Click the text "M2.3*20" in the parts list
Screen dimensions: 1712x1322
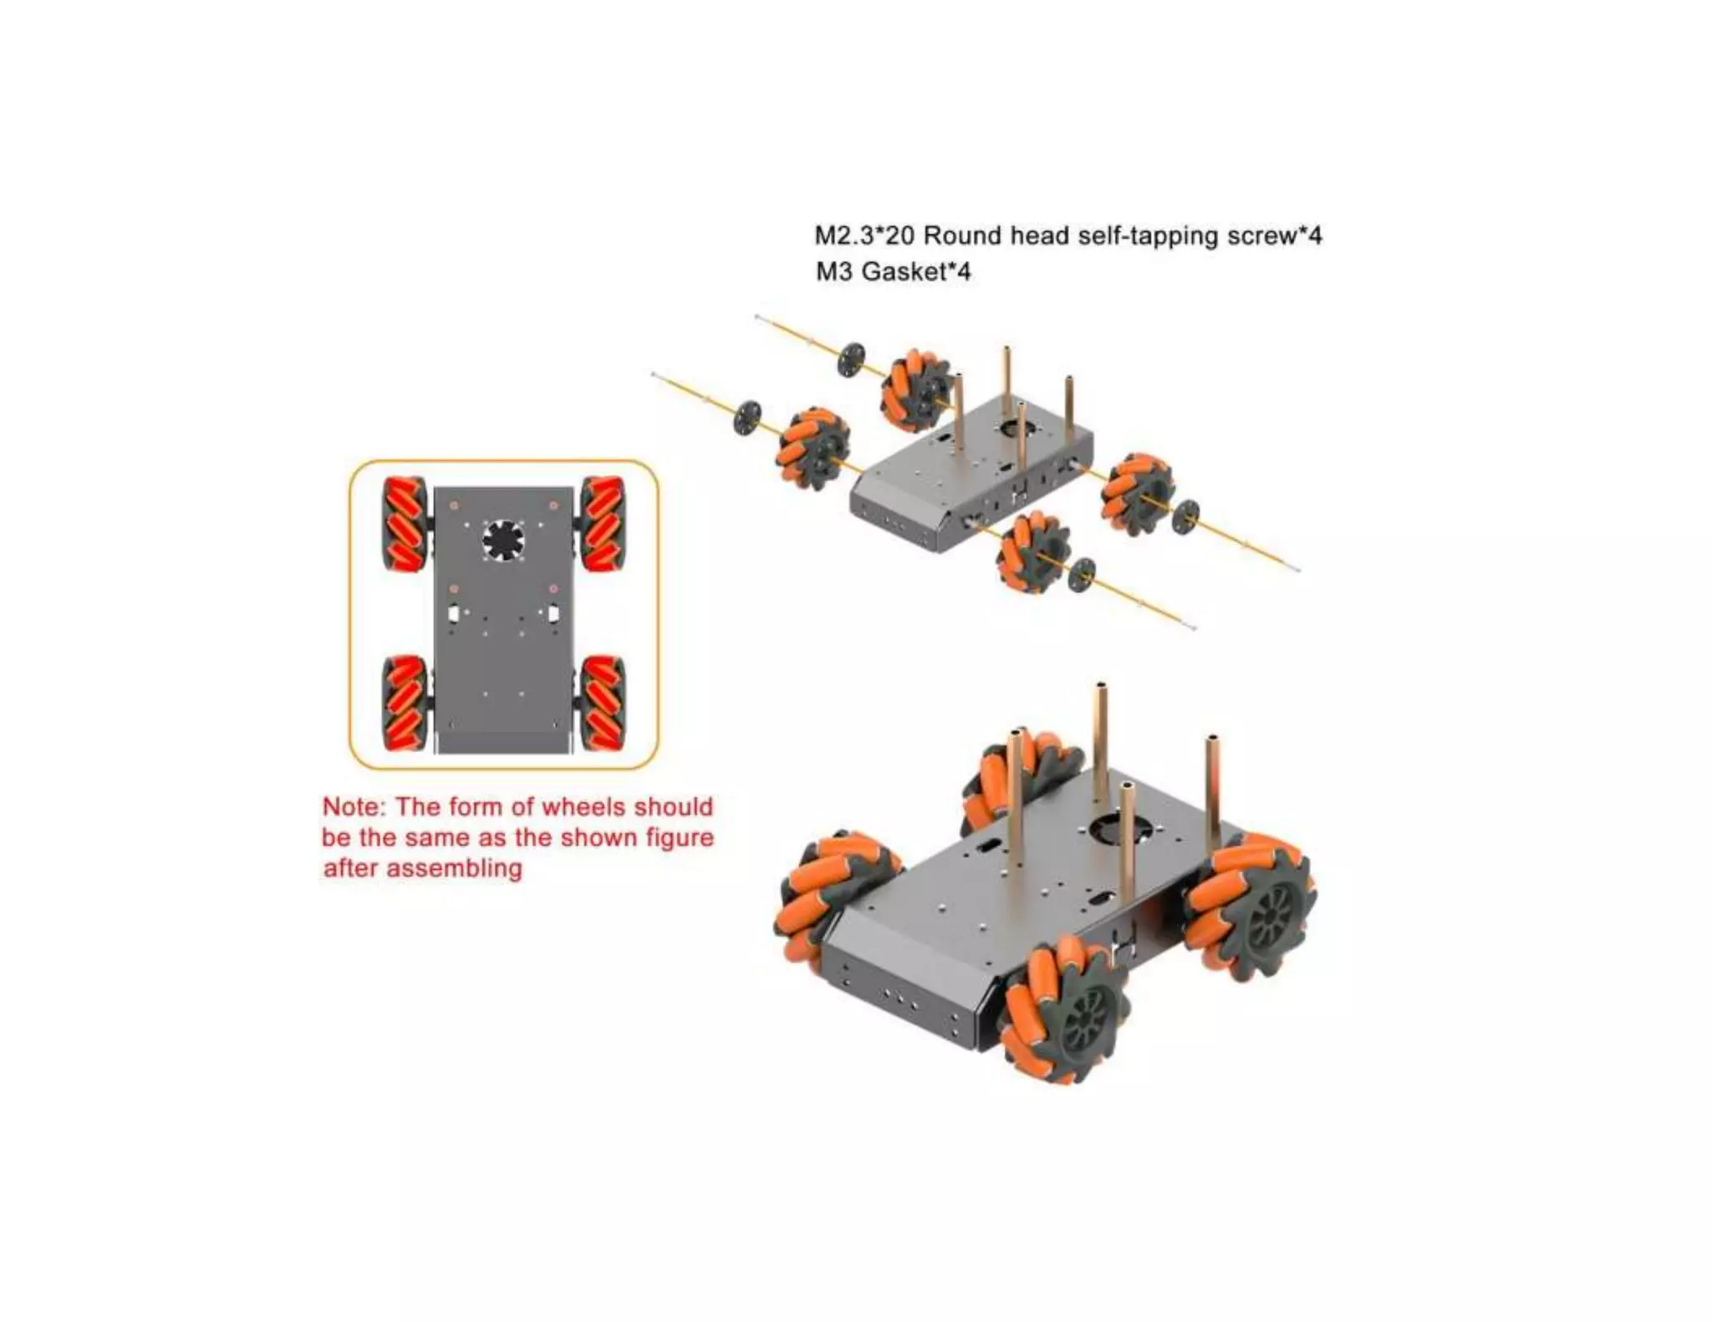(864, 236)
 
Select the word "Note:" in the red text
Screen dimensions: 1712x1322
(354, 807)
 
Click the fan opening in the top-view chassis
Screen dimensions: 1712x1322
(503, 540)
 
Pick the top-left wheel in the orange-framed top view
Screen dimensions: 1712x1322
(405, 525)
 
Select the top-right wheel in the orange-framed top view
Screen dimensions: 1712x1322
(603, 525)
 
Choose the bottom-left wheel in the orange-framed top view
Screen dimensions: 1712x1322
(405, 703)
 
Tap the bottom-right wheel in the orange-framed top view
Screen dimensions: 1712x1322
(603, 703)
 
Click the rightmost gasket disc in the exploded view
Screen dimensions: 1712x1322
(1185, 516)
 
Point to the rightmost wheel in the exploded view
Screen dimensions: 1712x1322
(1138, 494)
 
